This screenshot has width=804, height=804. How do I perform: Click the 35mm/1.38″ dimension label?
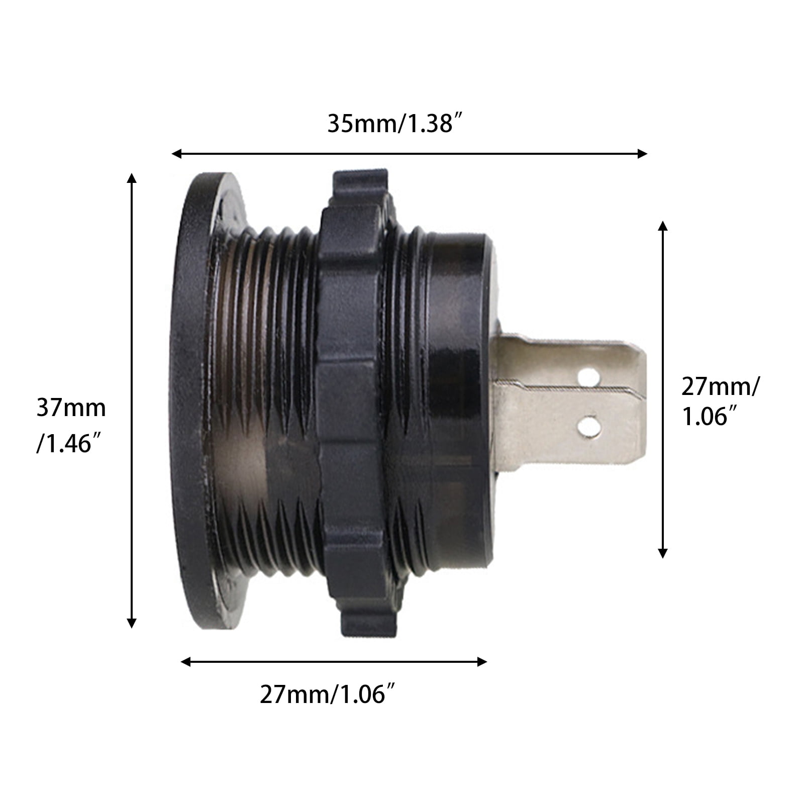pos(394,124)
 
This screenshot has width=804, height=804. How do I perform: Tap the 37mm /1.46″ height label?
pos(71,425)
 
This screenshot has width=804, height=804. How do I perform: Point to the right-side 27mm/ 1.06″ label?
pos(720,401)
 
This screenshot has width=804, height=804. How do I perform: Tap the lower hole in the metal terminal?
pos(588,427)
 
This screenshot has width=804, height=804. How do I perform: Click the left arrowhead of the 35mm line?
pos(176,153)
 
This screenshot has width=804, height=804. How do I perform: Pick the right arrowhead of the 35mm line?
pos(642,153)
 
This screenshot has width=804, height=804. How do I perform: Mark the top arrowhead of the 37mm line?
pos(132,178)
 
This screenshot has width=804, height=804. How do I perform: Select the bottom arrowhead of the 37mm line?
pos(132,623)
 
